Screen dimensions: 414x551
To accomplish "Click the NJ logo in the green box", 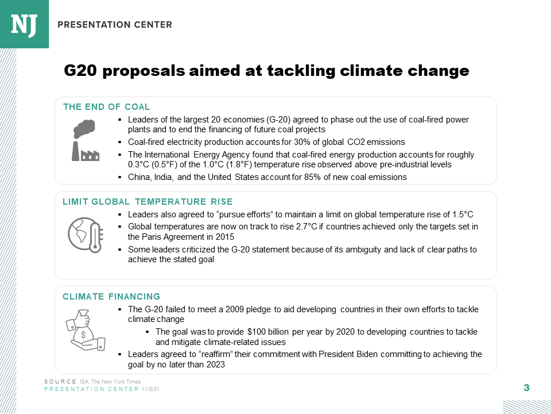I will [24, 24].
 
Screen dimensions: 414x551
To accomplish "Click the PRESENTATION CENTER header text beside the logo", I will [115, 25].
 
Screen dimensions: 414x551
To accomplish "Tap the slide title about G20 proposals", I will [266, 71].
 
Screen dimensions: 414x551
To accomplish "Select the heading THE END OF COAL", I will [106, 107].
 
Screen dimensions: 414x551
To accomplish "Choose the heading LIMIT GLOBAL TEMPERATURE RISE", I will [148, 201].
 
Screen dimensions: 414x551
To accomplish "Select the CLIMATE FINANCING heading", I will [111, 297].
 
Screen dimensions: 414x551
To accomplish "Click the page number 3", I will [526, 388].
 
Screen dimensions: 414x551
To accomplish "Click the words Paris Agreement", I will [170, 237].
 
